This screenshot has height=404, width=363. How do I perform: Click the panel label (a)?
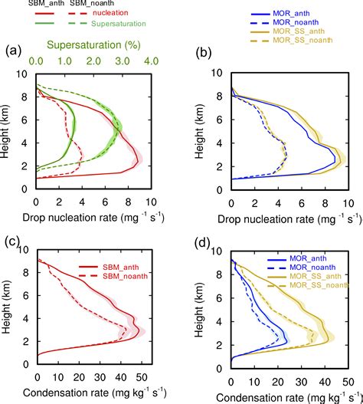12,53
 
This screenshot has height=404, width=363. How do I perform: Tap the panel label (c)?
12,244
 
